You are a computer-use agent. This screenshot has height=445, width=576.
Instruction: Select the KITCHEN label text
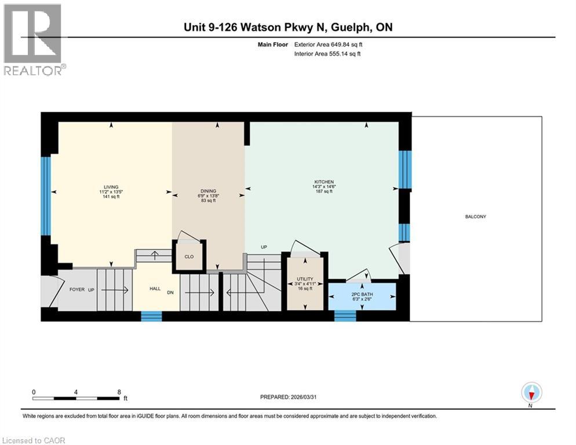click(x=325, y=181)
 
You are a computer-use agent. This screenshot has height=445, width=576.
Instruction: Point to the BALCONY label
click(x=475, y=217)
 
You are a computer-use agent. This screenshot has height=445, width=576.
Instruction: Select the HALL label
click(x=155, y=288)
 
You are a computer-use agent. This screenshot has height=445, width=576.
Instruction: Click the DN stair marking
click(x=170, y=293)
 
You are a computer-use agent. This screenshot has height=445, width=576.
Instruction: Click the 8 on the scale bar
click(x=119, y=392)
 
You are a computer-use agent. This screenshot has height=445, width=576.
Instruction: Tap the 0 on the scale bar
click(x=34, y=392)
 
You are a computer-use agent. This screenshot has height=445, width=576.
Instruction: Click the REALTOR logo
click(x=34, y=39)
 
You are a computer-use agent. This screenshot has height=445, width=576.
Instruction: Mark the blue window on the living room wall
click(x=46, y=195)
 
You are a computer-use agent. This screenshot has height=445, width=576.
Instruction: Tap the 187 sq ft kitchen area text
click(x=325, y=191)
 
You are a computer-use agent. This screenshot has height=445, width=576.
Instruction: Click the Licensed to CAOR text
click(x=34, y=440)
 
